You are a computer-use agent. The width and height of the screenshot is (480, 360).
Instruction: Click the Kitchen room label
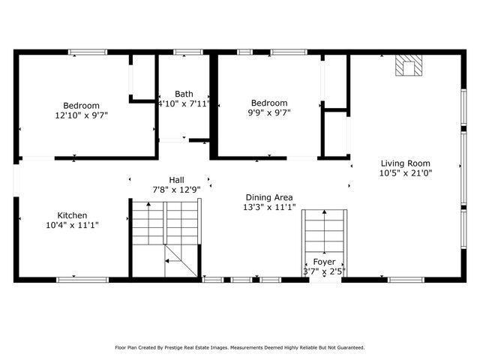[72, 214]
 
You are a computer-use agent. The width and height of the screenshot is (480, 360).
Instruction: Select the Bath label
[184, 94]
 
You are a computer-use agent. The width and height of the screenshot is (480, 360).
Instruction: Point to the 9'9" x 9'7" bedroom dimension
[268, 112]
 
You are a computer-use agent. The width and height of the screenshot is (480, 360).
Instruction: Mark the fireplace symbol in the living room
[409, 66]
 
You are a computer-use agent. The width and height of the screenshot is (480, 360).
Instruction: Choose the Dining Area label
[269, 197]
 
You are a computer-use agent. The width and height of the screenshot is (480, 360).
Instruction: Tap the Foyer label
[324, 262]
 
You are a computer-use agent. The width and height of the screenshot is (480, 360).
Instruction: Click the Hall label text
[176, 180]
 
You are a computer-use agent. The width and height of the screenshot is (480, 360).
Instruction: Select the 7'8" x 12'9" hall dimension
[176, 190]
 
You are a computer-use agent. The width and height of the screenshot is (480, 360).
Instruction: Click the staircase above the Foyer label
[324, 232]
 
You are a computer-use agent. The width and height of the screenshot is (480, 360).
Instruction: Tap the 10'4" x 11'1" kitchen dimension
[72, 224]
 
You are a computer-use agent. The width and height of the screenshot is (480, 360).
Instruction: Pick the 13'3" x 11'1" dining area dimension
[269, 207]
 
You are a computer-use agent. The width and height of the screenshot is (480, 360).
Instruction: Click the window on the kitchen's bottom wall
[76, 280]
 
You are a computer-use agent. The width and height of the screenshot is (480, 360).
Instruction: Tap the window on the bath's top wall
[187, 52]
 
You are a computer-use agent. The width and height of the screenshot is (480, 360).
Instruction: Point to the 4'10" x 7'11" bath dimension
[184, 103]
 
